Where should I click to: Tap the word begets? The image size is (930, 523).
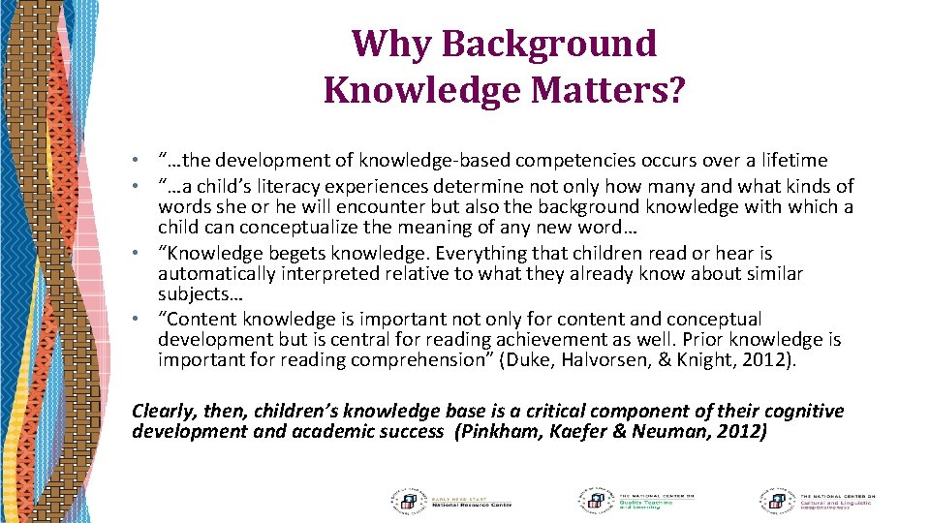277,253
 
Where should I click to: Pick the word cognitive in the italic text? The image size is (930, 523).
798,411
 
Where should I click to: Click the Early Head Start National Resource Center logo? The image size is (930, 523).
449,499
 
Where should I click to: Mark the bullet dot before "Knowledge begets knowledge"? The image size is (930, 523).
140,254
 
